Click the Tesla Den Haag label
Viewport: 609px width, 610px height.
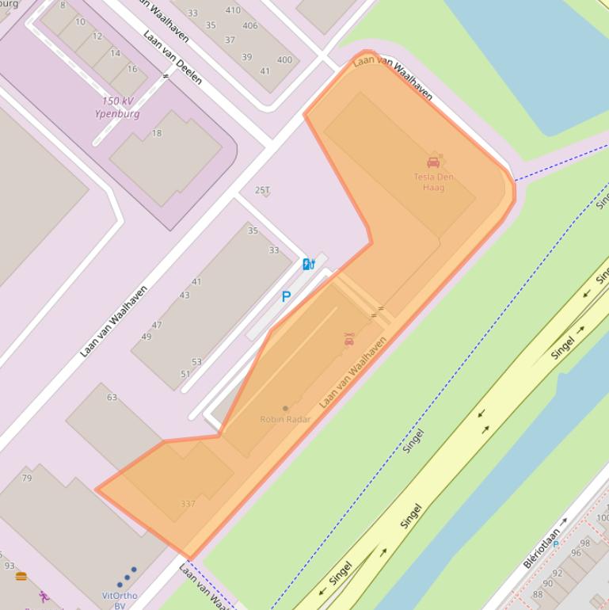[x=433, y=182]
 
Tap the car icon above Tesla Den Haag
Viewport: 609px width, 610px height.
[x=433, y=162]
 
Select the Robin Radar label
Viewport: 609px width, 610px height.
[x=285, y=419]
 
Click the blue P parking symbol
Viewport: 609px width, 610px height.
[x=286, y=297]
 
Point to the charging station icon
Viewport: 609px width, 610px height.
[x=308, y=264]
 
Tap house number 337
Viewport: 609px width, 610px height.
[x=188, y=504]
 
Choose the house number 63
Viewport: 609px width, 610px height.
[x=112, y=398]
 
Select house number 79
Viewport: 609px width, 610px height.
[x=27, y=478]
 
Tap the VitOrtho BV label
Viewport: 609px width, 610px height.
[x=120, y=600]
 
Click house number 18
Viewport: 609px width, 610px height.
[x=157, y=133]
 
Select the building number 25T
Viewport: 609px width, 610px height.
[x=262, y=190]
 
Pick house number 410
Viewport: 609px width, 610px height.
[x=233, y=10]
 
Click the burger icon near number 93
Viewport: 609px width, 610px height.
[x=21, y=576]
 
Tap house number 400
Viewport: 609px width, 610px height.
[x=284, y=60]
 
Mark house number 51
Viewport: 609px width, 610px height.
[x=185, y=374]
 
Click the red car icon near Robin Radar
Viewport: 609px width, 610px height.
[x=348, y=340]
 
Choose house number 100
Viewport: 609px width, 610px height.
[x=603, y=519]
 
